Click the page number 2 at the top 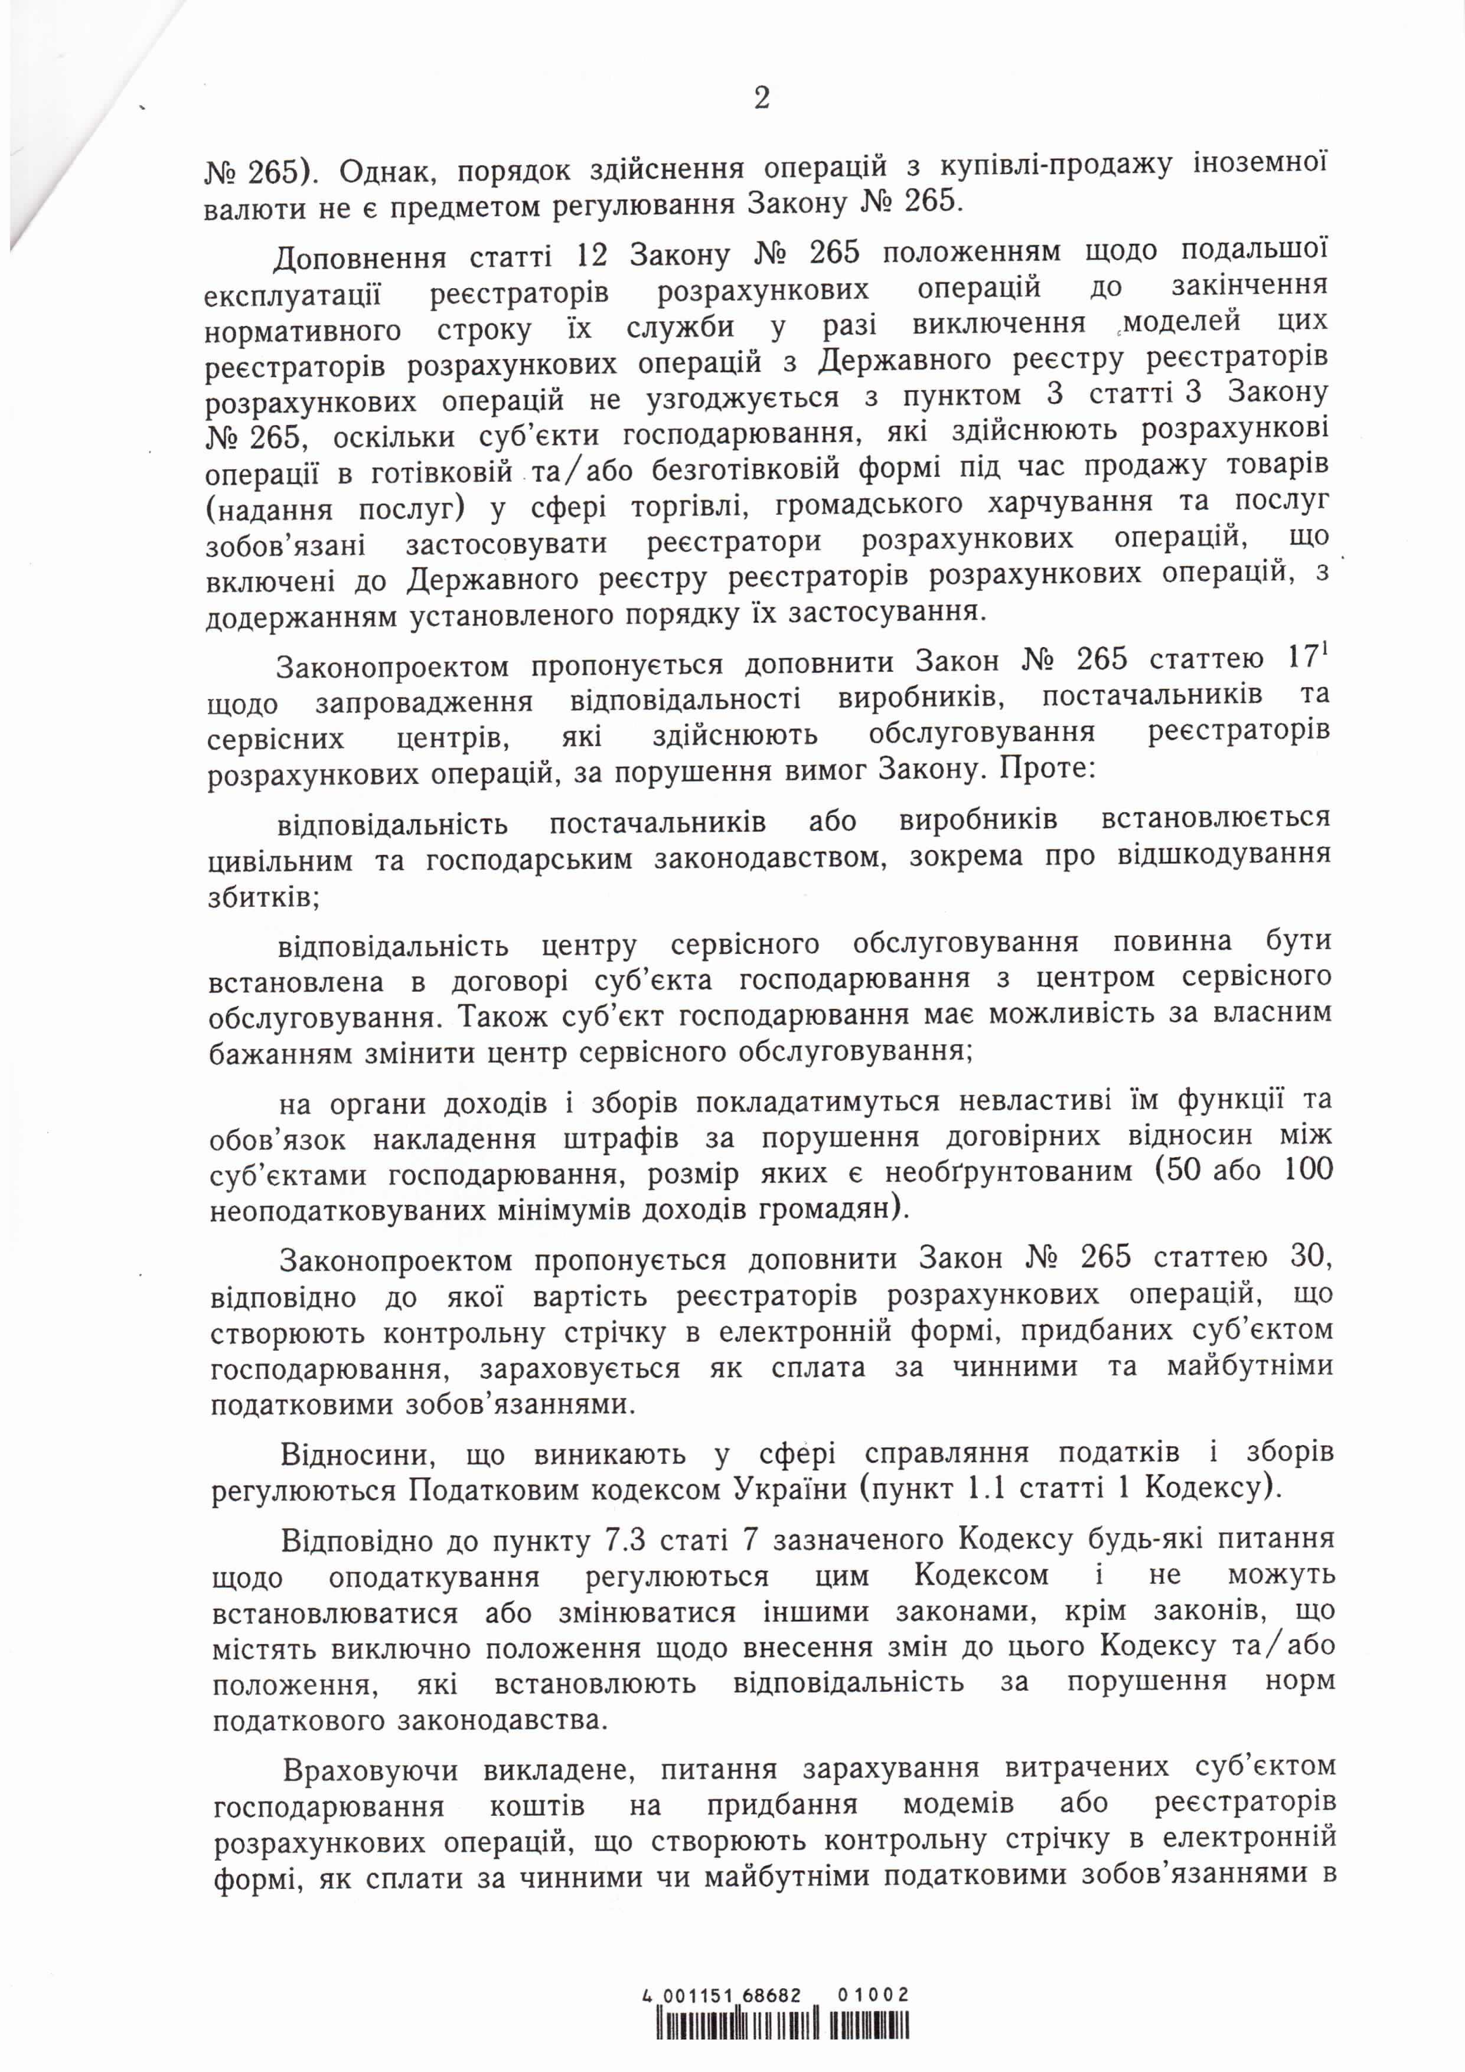[761, 97]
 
